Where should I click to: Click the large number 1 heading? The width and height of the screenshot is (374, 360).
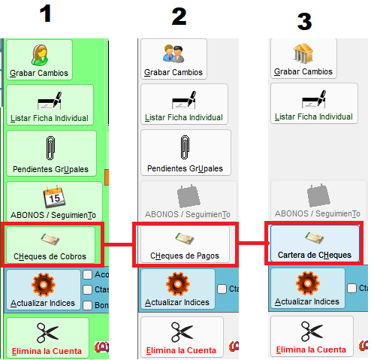pos(45,14)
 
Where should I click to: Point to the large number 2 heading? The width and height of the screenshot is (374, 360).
pos(179,17)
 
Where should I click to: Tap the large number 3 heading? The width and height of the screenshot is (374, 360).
pos(304,22)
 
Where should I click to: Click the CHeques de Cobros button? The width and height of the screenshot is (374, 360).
pos(51,245)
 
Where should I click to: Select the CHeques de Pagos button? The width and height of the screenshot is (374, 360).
pos(185,244)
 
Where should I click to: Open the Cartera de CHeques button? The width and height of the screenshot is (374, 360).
pos(315,244)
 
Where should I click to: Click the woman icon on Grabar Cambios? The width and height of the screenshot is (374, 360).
pos(40,55)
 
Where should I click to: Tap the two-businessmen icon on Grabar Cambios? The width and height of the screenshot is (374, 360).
pos(173,53)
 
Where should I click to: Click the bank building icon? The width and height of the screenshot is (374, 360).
pos(303,53)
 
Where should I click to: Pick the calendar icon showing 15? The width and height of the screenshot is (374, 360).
pos(54,197)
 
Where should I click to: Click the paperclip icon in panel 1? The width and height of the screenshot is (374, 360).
pos(50,148)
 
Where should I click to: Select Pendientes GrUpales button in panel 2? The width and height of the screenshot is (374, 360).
pos(185,153)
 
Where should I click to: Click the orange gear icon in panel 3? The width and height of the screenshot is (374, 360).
pos(308,283)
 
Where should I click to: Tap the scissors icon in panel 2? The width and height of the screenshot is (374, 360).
pos(182,332)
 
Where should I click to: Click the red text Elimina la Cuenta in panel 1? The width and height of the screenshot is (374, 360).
pos(47,351)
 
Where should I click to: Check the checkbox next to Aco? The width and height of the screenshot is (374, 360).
pos(87,274)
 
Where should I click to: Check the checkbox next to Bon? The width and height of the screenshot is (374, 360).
pos(87,305)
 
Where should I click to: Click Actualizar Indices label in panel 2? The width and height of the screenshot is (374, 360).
pos(177,302)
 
